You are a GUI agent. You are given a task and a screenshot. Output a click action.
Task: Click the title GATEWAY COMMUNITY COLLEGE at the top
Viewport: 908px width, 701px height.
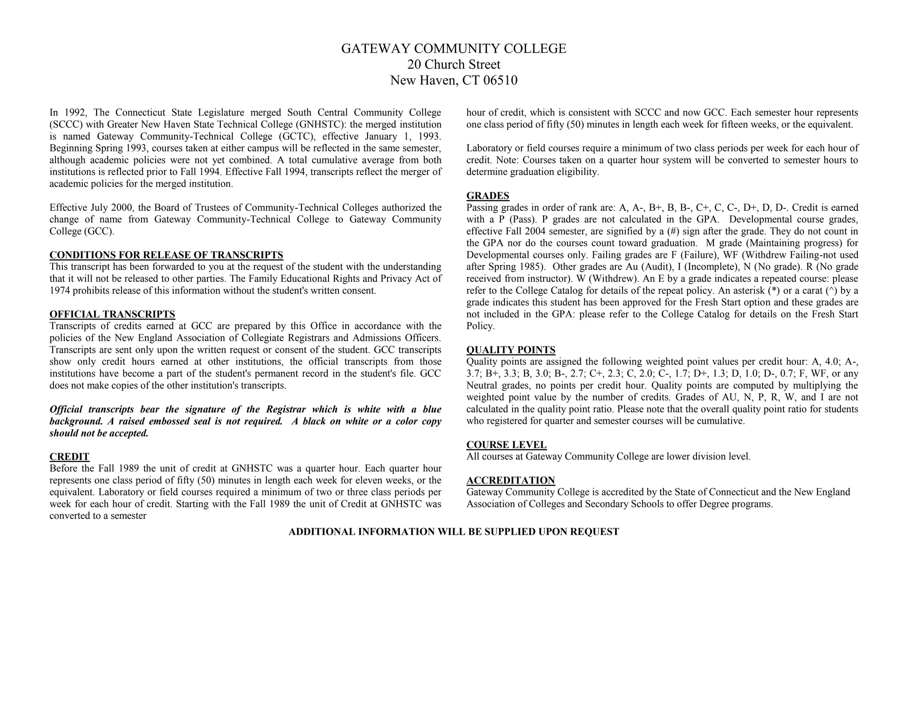(x=454, y=49)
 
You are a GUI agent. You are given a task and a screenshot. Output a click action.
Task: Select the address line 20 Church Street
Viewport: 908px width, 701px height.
(x=454, y=65)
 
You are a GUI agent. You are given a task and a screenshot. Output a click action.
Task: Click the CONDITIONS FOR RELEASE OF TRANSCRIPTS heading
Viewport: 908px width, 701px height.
(x=166, y=255)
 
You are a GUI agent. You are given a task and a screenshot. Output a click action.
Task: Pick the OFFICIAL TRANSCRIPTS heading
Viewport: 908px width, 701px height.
(x=112, y=315)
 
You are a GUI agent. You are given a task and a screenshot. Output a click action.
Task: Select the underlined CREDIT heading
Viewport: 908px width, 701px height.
(x=70, y=457)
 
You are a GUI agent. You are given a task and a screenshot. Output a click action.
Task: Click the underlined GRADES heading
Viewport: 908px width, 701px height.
(x=488, y=196)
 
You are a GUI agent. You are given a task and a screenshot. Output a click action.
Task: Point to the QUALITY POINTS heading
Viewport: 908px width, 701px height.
(x=511, y=350)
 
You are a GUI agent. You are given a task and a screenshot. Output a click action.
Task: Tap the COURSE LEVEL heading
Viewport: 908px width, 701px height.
(x=506, y=445)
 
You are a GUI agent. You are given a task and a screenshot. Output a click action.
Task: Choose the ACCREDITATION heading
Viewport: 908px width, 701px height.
(x=510, y=480)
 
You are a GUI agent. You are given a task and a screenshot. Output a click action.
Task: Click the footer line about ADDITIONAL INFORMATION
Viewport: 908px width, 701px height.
(x=454, y=532)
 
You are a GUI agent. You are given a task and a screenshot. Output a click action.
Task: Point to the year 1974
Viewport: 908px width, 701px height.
(x=59, y=291)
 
